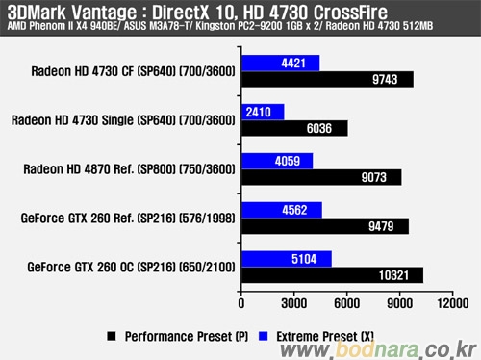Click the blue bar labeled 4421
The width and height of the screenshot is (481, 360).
coord(281,63)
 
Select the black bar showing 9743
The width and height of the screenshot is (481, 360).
coord(327,79)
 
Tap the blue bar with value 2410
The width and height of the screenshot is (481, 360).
coord(263,112)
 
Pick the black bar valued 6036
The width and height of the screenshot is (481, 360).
coord(294,128)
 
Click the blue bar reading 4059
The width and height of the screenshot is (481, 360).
coord(277,161)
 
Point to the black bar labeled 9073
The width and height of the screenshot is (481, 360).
coord(321,177)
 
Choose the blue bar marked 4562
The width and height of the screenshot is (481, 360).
coord(282,210)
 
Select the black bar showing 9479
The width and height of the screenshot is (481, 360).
coord(325,226)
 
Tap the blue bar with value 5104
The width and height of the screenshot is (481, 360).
coord(287,259)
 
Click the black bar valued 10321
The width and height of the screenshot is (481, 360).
coord(333,275)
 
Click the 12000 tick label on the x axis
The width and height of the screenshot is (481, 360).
coord(453,303)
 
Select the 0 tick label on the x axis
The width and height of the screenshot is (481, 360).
coord(241,303)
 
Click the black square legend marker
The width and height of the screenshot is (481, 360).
coord(112,336)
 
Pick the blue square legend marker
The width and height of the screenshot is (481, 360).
coord(263,336)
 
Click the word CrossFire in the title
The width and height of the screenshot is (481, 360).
coord(350,13)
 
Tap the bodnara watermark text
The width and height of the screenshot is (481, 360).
coord(377,349)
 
